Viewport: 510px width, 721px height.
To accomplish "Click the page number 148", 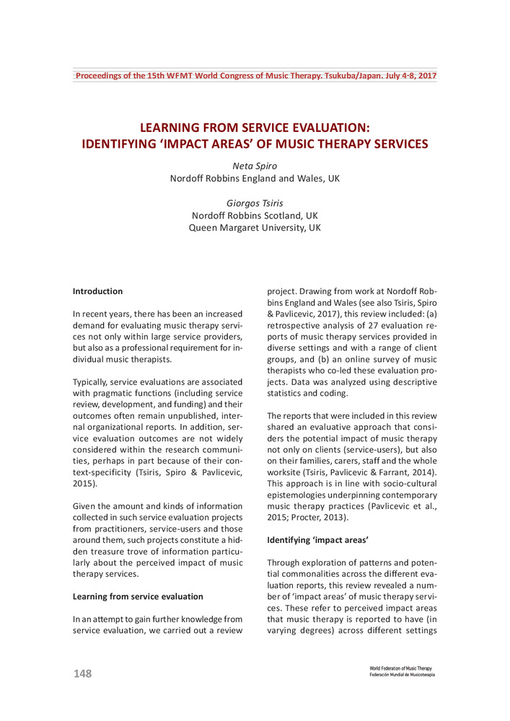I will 82,673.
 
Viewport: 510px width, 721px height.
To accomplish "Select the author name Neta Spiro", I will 254,166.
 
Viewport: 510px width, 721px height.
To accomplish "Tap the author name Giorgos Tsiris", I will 254,203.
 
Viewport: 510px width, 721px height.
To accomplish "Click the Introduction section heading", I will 97,291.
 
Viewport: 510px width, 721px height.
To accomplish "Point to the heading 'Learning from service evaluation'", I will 138,596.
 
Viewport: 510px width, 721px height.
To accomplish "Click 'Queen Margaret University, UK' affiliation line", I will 254,228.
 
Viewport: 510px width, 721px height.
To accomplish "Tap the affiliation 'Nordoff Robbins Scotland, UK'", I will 254,216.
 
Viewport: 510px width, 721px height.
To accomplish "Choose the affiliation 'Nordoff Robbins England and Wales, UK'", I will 254,178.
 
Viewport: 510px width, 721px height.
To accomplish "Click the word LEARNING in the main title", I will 190,128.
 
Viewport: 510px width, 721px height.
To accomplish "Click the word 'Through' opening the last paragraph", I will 285,563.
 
